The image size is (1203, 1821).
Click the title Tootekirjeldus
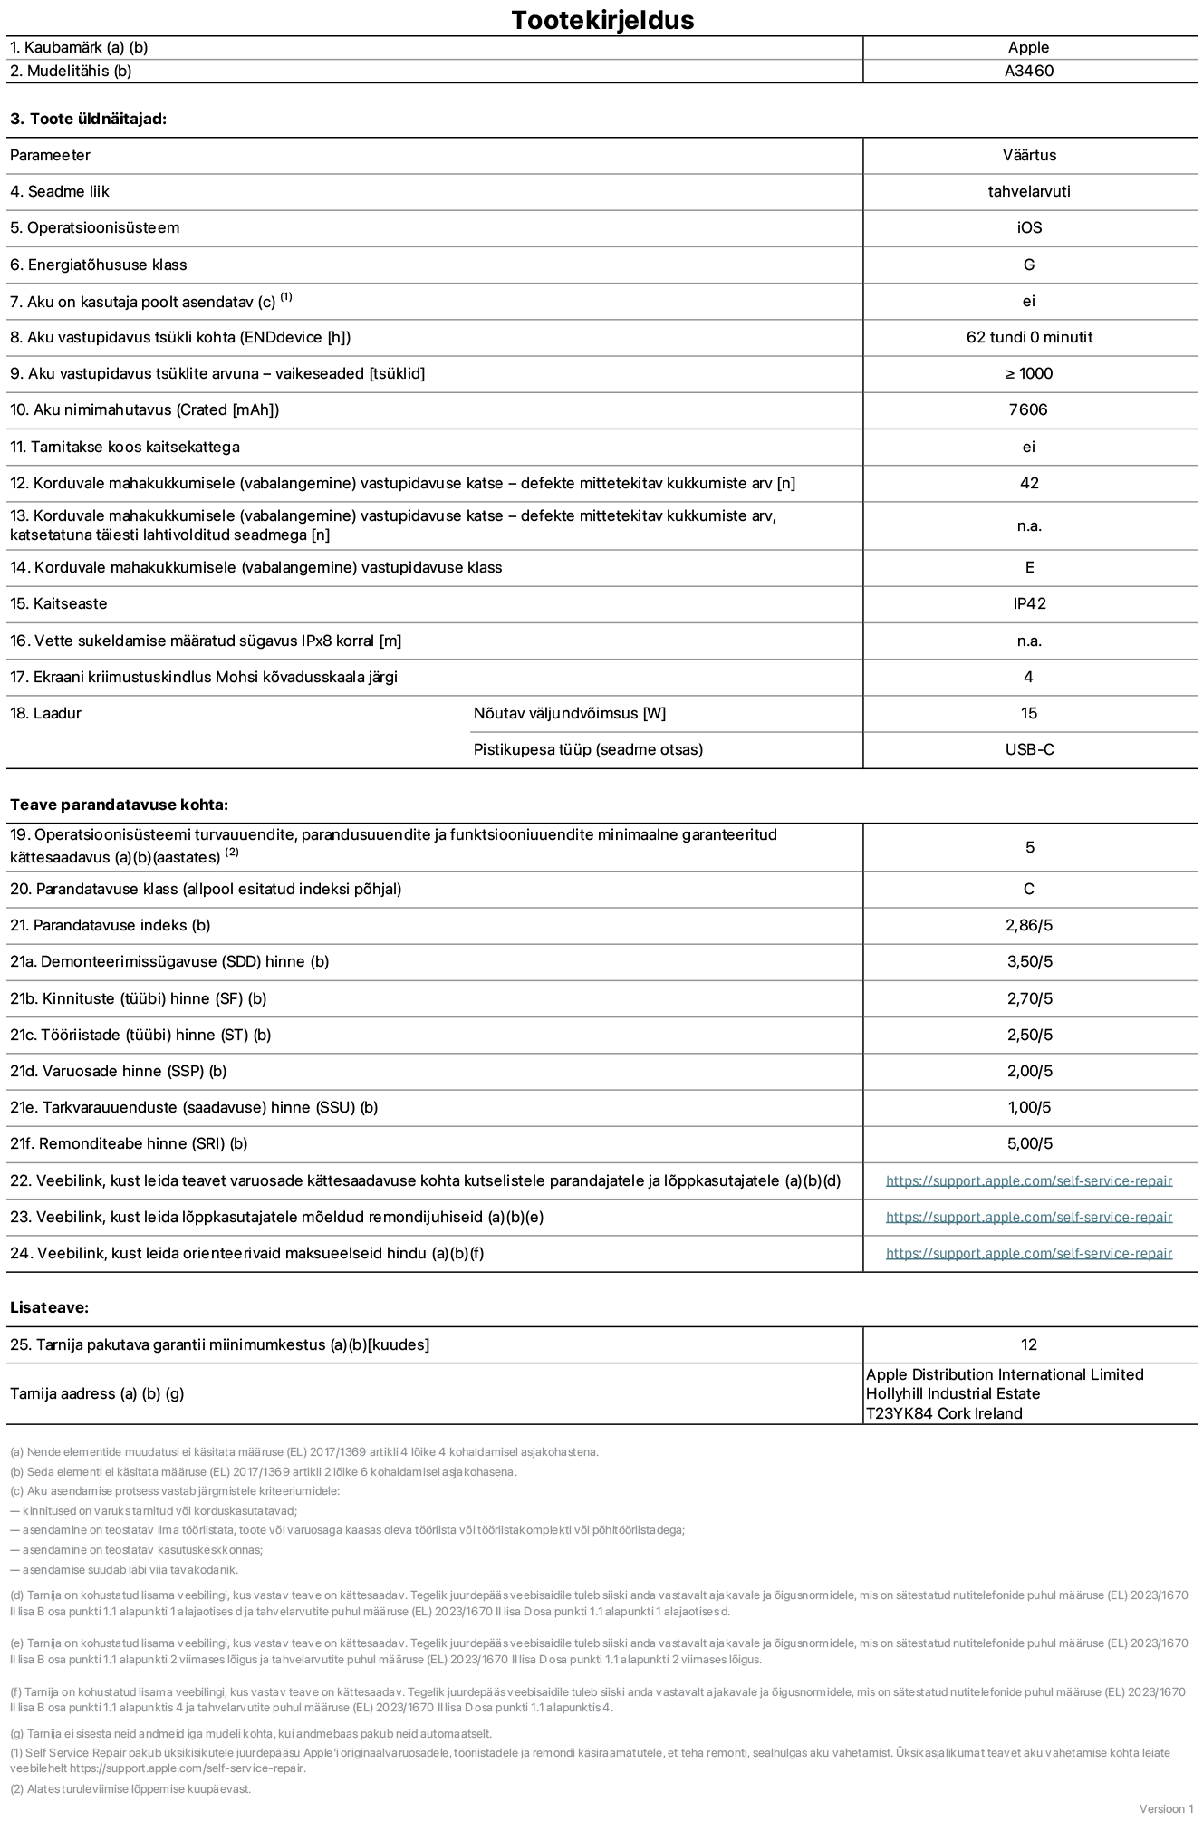click(x=602, y=20)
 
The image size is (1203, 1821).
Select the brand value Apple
click(x=1028, y=47)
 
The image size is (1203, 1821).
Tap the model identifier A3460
click(x=1028, y=71)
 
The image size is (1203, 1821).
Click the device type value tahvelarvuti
click(x=1028, y=191)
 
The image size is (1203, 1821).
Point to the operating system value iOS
click(x=1028, y=227)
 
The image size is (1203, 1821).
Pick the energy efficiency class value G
click(x=1028, y=265)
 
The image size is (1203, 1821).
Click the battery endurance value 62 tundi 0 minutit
click(x=1028, y=337)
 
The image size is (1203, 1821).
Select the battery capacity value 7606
click(x=1028, y=409)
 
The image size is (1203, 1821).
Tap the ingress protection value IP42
click(x=1028, y=603)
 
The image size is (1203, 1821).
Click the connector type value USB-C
click(x=1028, y=749)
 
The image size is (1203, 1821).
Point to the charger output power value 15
click(x=1028, y=713)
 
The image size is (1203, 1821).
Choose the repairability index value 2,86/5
click(x=1028, y=925)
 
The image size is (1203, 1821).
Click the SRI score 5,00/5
click(x=1028, y=1143)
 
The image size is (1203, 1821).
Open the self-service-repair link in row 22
click(x=1028, y=1180)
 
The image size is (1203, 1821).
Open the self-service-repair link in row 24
click(x=1028, y=1253)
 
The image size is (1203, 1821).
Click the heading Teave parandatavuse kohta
click(x=119, y=805)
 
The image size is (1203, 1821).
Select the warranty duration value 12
click(x=1028, y=1344)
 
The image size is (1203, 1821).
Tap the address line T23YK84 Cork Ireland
click(x=943, y=1413)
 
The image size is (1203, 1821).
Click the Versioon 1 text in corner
click(x=1166, y=1808)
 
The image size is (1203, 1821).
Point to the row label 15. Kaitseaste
click(x=58, y=603)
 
